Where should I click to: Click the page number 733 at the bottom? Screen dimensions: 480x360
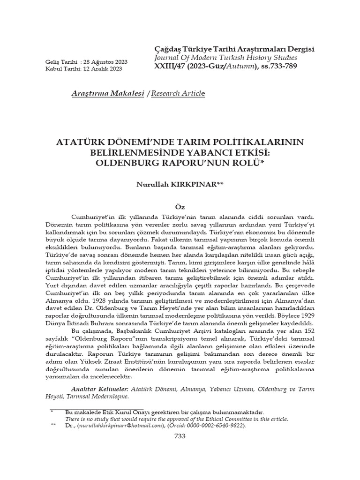coord(180,436)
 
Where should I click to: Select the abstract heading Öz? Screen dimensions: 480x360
coord(180,207)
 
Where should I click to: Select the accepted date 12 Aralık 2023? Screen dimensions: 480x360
coord(102,69)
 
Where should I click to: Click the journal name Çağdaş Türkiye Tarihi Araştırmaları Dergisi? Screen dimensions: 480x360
coord(234,49)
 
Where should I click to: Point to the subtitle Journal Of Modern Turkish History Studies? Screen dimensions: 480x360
coord(225,58)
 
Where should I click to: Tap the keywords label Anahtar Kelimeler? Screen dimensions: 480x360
coord(98,389)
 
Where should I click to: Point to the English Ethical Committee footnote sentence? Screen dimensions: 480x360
coord(176,419)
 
